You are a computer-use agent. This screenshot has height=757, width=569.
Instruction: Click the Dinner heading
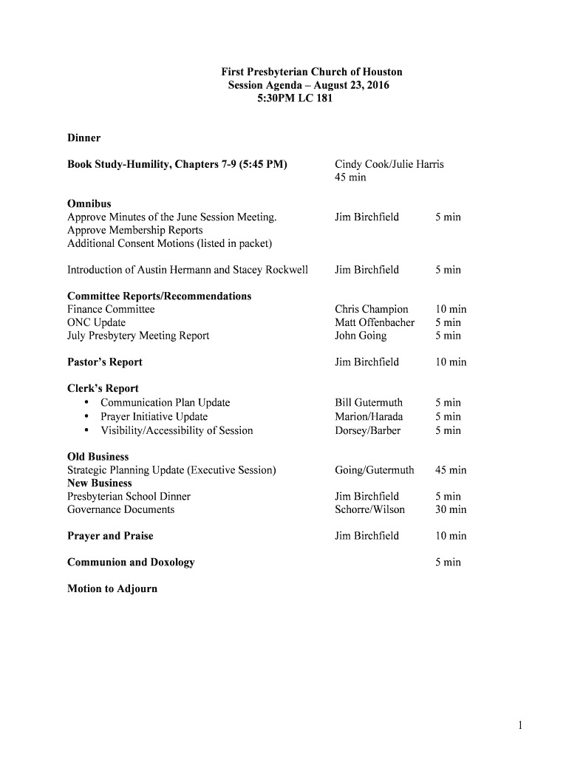click(x=84, y=138)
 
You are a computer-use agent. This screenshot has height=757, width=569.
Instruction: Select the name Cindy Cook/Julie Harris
click(x=389, y=164)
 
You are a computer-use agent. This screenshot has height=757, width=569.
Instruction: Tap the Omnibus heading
click(x=89, y=203)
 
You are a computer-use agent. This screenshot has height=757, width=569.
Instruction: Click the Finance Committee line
click(x=111, y=309)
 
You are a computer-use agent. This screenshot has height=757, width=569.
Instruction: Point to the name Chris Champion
click(x=371, y=309)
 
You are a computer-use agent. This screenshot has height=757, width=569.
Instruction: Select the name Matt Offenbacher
click(x=374, y=322)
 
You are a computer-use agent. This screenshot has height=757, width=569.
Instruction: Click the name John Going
click(x=360, y=336)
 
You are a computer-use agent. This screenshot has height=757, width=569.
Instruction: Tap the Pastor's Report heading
click(x=104, y=362)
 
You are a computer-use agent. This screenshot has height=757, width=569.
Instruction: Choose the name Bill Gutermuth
click(x=368, y=403)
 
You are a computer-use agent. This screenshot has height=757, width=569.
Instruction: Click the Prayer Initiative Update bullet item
click(x=154, y=417)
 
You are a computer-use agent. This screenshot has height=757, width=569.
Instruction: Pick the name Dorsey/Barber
click(x=367, y=430)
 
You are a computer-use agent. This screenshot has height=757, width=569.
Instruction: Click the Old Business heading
click(x=98, y=457)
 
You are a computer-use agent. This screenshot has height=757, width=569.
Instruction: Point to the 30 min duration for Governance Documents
click(x=451, y=509)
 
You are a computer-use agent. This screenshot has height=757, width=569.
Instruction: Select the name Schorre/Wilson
click(x=369, y=509)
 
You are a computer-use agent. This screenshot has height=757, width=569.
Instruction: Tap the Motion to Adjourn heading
click(x=112, y=589)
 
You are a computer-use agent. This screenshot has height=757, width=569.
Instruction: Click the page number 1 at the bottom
click(x=520, y=726)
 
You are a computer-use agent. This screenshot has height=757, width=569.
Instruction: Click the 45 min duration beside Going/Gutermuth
click(x=451, y=470)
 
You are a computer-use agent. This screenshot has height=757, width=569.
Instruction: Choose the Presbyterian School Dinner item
click(x=129, y=496)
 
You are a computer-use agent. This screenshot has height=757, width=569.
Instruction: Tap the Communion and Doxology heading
click(x=131, y=563)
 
